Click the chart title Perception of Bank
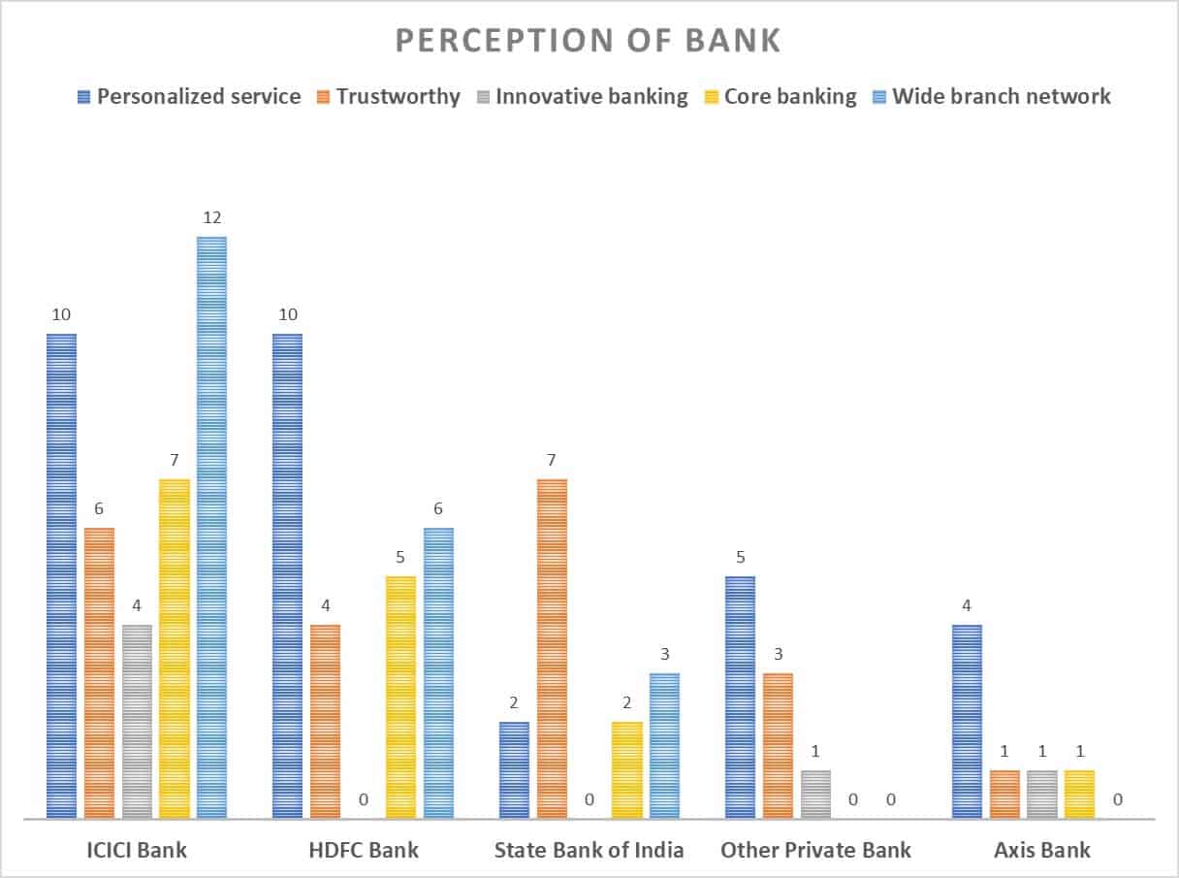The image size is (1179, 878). pos(588,40)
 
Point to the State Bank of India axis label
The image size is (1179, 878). pos(589,850)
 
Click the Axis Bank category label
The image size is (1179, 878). pos(1042,850)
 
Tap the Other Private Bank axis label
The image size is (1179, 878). pos(815,850)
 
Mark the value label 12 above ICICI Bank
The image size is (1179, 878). pos(212,217)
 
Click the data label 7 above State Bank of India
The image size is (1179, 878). pos(552,460)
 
